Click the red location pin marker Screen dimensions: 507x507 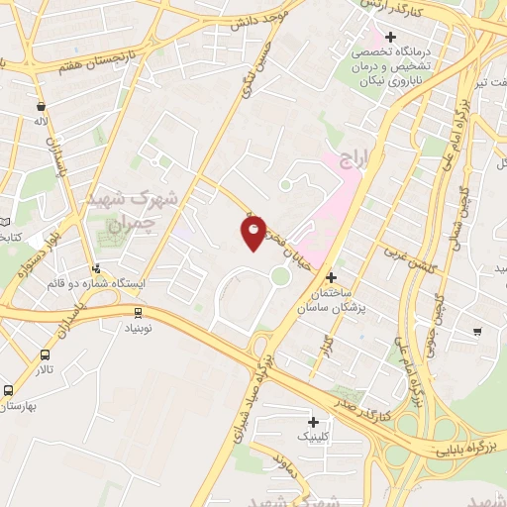[253, 233]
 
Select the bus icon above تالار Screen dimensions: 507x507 [45, 355]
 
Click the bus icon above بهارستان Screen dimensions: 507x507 [9, 390]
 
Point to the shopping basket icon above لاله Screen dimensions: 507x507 [40, 106]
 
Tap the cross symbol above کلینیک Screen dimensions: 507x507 [312, 421]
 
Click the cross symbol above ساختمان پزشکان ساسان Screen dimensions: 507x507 [331, 278]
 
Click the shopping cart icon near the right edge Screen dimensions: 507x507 [478, 331]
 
